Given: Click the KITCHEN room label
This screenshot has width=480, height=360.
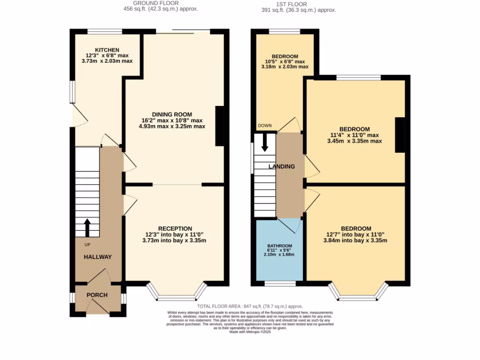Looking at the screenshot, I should tap(107, 50).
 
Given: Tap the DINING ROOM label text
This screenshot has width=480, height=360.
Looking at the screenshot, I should tap(172, 114).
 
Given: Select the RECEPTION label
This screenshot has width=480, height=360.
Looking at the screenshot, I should tap(175, 229).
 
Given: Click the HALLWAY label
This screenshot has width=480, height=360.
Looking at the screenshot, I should tap(97, 257).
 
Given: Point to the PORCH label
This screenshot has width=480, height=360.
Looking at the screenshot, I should tap(97, 295).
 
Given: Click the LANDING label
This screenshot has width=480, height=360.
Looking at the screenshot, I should tap(281, 166).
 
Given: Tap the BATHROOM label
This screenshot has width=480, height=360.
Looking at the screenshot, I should tap(280, 246).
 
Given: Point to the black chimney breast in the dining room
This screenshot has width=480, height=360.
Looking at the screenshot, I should tap(219, 126).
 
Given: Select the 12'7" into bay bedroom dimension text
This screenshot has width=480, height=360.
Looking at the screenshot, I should tap(356, 235).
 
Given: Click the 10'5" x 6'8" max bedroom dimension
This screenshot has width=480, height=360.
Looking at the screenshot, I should tap(285, 61).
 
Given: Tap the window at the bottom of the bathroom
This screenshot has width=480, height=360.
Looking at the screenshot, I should tap(280, 283).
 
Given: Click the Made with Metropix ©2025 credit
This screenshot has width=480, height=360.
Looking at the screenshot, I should tap(250, 332).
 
